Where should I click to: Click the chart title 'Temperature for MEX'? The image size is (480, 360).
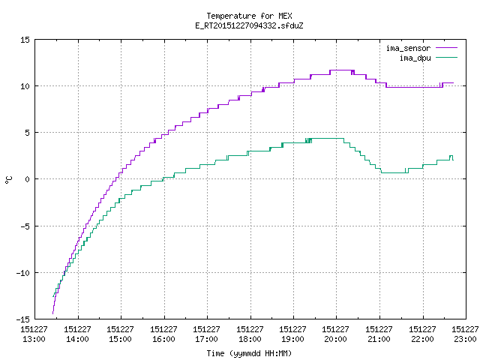point(249,16)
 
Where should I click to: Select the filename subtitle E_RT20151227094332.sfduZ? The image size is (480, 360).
point(249,25)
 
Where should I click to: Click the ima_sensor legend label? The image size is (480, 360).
point(408,48)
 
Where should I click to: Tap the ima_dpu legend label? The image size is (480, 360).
point(415,58)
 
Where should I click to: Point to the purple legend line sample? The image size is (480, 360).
point(446,48)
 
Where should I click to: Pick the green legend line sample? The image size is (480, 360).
point(446,57)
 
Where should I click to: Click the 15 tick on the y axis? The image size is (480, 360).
point(25,40)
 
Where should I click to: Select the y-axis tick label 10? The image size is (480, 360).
point(25,86)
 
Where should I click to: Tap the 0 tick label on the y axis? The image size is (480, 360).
point(27,179)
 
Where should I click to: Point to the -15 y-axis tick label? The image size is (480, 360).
point(23,319)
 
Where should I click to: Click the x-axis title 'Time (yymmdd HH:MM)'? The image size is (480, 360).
point(249,353)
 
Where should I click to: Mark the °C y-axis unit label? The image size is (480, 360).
point(8,179)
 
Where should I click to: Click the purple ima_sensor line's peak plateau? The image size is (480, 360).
point(342,70)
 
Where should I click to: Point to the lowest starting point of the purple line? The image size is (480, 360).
point(52,313)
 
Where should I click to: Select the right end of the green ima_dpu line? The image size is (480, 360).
point(453,160)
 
